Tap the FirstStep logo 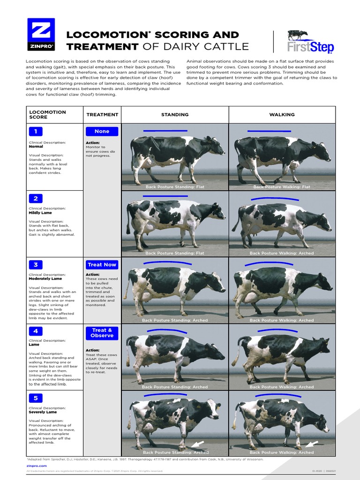310,42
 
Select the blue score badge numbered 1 36,131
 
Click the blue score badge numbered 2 36,198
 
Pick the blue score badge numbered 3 36,265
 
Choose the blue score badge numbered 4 36,331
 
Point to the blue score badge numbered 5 36,398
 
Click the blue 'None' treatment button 102,131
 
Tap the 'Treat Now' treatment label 102,265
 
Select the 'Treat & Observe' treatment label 102,333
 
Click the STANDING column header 175,115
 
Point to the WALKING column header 282,115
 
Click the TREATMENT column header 102,115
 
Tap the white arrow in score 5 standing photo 197,443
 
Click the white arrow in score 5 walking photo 312,444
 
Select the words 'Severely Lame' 43,412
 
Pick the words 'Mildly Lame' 40,213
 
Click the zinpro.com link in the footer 37,466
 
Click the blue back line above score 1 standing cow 165,130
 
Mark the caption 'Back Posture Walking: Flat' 282,187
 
